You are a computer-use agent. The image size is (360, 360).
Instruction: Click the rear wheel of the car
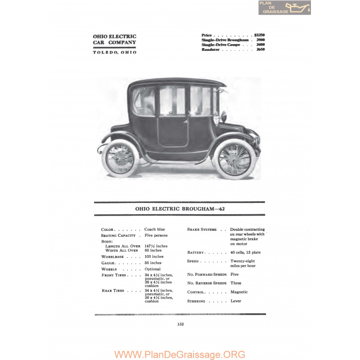click(120, 157)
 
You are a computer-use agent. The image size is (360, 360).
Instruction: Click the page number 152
click(180, 323)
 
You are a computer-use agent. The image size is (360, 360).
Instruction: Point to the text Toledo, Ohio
click(115, 52)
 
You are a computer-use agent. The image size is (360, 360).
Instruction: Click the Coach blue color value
click(154, 229)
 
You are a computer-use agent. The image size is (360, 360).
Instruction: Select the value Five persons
click(156, 235)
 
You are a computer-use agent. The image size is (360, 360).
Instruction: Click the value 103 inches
click(154, 256)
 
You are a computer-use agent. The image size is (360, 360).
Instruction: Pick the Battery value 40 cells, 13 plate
click(245, 252)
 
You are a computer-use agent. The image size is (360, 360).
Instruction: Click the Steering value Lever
click(236, 301)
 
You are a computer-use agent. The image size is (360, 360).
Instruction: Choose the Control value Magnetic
click(239, 292)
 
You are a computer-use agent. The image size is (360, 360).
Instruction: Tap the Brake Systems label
click(202, 229)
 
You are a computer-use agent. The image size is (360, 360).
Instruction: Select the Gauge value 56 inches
click(153, 263)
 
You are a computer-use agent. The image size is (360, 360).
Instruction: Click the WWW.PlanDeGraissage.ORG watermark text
click(180, 354)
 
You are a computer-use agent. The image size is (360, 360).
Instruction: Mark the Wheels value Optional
click(152, 269)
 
